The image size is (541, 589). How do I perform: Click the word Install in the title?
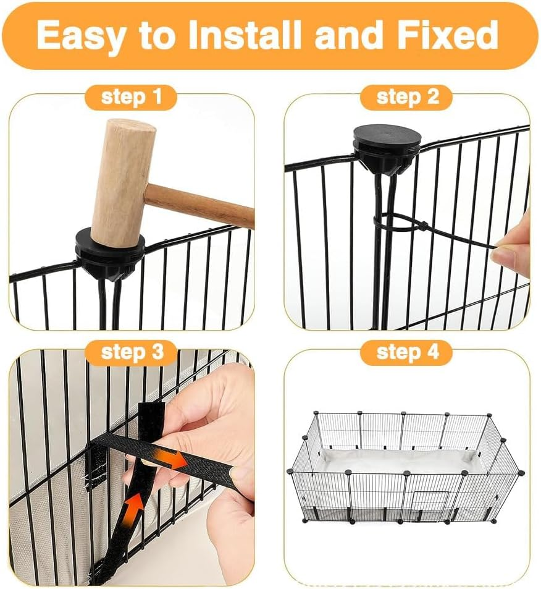(x=246, y=35)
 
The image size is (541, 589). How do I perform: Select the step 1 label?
(x=131, y=98)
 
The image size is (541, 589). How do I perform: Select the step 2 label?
(x=407, y=98)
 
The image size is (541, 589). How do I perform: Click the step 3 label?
(x=132, y=352)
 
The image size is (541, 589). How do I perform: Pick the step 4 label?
(x=407, y=352)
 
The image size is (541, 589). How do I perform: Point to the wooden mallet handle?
(x=204, y=203)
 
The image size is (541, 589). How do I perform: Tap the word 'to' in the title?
(x=158, y=35)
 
